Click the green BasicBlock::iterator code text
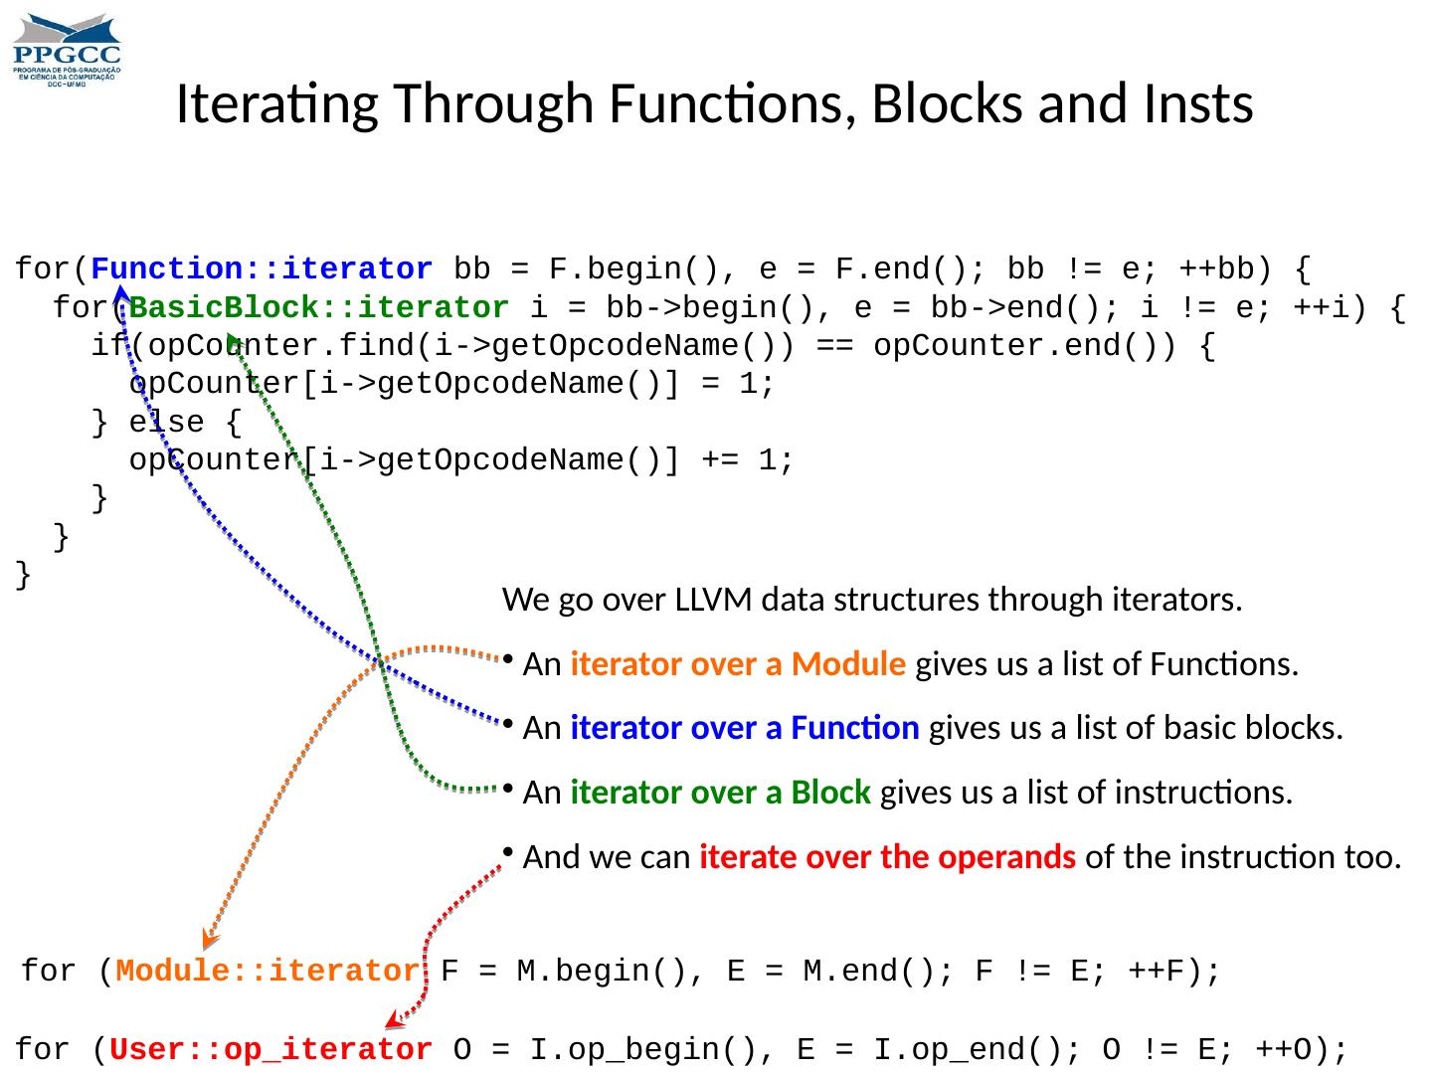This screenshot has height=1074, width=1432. click(x=319, y=308)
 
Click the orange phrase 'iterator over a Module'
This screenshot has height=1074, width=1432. click(x=738, y=664)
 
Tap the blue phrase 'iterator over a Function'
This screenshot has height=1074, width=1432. click(x=745, y=729)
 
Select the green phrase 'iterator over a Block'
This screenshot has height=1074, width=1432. click(x=721, y=793)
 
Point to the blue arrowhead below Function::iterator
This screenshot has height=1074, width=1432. click(x=120, y=294)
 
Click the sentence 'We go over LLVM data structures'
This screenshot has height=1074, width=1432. click(x=872, y=600)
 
